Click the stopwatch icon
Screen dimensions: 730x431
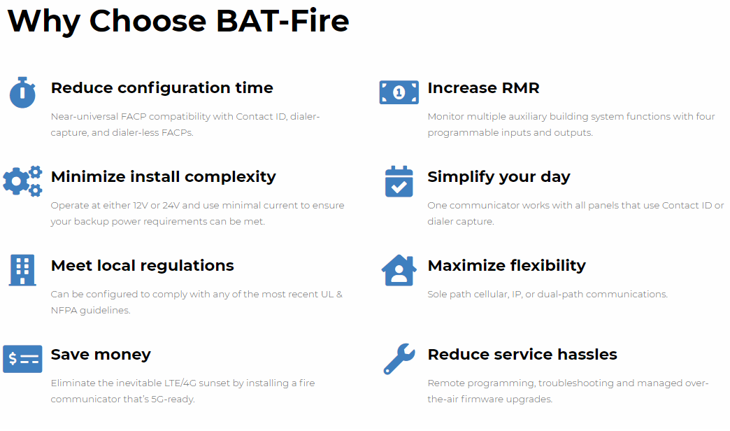[22, 92]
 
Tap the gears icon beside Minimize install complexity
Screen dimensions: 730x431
[22, 181]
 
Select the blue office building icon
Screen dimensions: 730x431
[22, 270]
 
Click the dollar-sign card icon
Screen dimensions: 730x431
[22, 359]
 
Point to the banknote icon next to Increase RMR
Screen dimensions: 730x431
[399, 92]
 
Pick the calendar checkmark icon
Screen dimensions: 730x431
[399, 181]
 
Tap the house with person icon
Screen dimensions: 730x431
[399, 270]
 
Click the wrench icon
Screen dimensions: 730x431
[399, 359]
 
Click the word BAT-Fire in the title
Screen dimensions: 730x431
[282, 20]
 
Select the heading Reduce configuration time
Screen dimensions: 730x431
[162, 87]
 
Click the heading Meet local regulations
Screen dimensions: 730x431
[143, 266]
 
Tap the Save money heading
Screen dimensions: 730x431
[101, 355]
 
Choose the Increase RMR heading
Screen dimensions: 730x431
[484, 87]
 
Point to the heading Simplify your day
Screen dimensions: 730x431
[499, 177]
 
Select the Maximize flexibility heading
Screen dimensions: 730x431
[507, 266]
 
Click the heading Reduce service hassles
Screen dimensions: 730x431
[522, 355]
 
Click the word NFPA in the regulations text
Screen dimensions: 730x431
[64, 311]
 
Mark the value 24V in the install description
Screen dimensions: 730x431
[171, 206]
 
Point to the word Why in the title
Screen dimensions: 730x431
[44, 22]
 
